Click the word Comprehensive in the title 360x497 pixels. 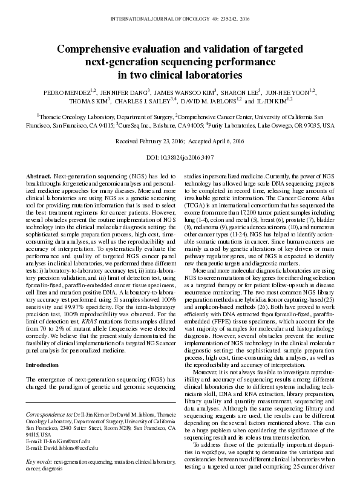pos(98,48)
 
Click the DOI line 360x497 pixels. pos(180,157)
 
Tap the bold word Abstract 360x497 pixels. pos(38,175)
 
